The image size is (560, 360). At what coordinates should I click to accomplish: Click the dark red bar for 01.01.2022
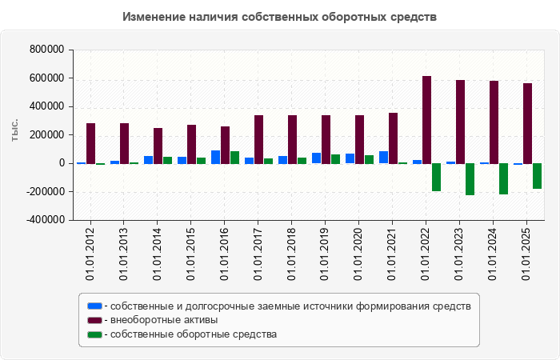point(426,119)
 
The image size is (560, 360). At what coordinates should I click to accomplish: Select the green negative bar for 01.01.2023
point(470,178)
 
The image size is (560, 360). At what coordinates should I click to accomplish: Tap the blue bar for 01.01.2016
point(216,157)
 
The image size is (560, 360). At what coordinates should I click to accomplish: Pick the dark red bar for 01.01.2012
point(90,143)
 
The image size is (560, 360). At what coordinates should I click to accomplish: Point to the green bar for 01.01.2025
point(537,175)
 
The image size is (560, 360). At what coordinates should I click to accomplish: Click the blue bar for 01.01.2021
point(384,157)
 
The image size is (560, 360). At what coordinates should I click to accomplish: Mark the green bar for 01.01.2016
point(234,157)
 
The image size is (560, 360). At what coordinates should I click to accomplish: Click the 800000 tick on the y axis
point(46,50)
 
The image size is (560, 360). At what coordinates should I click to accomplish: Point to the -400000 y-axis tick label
point(45,220)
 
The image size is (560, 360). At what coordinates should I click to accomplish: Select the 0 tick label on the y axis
point(60,163)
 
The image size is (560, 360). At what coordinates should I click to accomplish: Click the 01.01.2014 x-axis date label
point(157,251)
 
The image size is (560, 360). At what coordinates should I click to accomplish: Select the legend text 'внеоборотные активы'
point(164,320)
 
